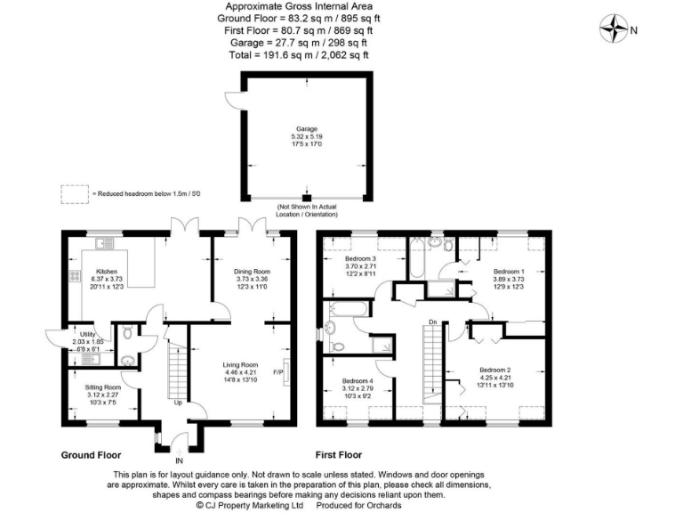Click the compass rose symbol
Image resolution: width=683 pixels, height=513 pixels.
(x=614, y=30)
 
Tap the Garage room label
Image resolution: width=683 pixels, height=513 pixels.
(x=307, y=128)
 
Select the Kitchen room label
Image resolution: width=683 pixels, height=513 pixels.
(x=108, y=271)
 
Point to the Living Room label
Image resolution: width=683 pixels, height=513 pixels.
(x=240, y=364)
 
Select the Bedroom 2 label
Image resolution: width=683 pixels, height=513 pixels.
(x=494, y=370)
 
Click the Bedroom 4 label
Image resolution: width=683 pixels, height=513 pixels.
(x=358, y=381)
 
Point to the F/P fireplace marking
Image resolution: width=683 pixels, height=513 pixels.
(x=277, y=372)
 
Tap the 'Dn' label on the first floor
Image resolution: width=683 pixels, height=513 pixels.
(x=432, y=322)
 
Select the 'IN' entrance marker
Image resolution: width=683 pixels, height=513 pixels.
(x=179, y=461)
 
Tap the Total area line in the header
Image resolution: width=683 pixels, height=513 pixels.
(x=307, y=54)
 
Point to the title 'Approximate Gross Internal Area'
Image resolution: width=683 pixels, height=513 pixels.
(x=307, y=7)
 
